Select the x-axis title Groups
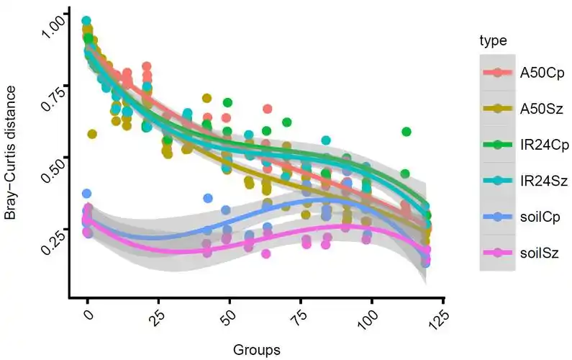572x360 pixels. click(256, 349)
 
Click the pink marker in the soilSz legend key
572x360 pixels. click(498, 252)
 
